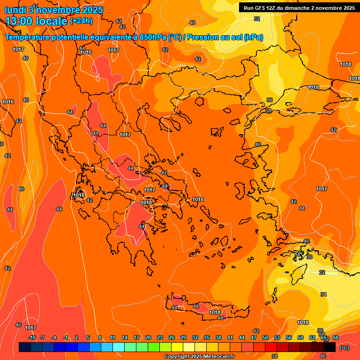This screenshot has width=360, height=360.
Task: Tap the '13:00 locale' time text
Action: pos(37,21)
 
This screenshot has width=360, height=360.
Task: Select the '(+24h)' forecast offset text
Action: pos(81,21)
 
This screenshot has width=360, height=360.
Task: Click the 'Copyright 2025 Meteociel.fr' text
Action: pos(199,357)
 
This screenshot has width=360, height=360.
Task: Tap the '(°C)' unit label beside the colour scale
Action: pos(344,348)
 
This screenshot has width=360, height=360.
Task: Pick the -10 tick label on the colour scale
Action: pos(32,337)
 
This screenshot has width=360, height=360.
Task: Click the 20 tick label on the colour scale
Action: pos(148,337)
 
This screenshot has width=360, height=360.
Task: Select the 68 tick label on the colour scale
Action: pos(336,337)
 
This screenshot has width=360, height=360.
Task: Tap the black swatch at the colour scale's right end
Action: pos(330,347)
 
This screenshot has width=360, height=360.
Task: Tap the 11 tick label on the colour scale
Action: pos(113,337)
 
